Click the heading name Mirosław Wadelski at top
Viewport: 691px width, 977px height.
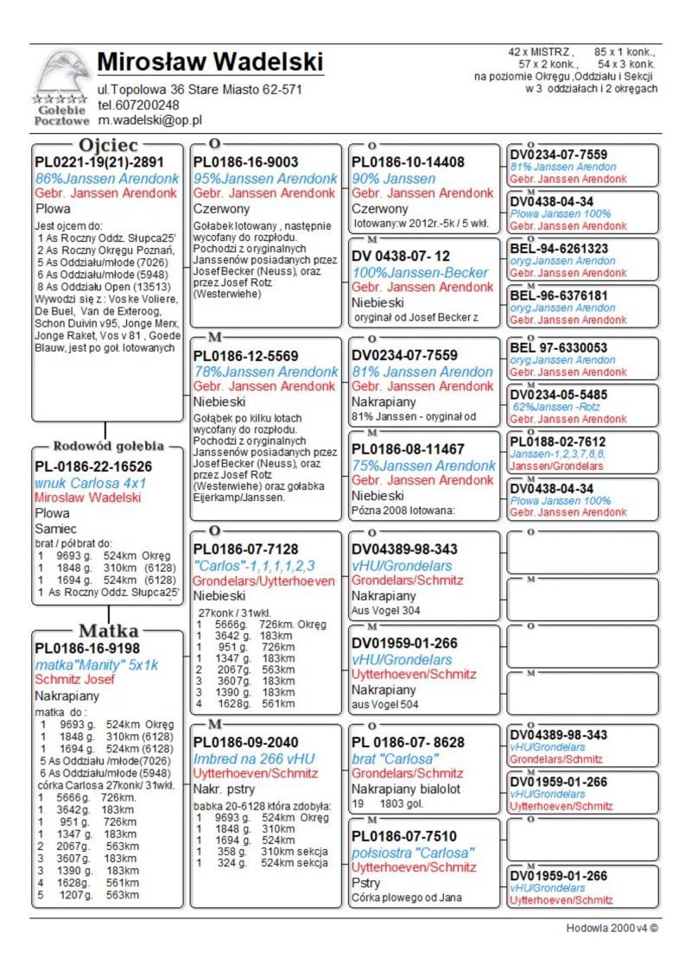point(210,62)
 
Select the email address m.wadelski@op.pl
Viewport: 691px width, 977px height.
point(149,121)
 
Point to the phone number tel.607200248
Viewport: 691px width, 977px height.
point(138,105)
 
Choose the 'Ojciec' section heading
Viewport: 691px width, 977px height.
point(108,145)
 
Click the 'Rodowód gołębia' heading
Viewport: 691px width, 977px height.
point(108,447)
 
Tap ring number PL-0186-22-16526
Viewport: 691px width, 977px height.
point(93,466)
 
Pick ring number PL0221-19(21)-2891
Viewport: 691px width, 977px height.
point(98,162)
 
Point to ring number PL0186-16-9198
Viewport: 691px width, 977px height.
point(86,648)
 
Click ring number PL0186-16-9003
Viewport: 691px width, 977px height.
point(245,162)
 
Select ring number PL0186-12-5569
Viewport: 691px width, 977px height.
point(245,356)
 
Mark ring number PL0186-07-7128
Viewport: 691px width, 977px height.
point(245,549)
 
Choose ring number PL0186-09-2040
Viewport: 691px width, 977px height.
point(245,742)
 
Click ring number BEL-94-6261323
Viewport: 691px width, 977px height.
point(559,249)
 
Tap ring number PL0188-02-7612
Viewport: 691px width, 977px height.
point(557,441)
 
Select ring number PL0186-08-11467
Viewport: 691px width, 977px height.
point(408,449)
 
